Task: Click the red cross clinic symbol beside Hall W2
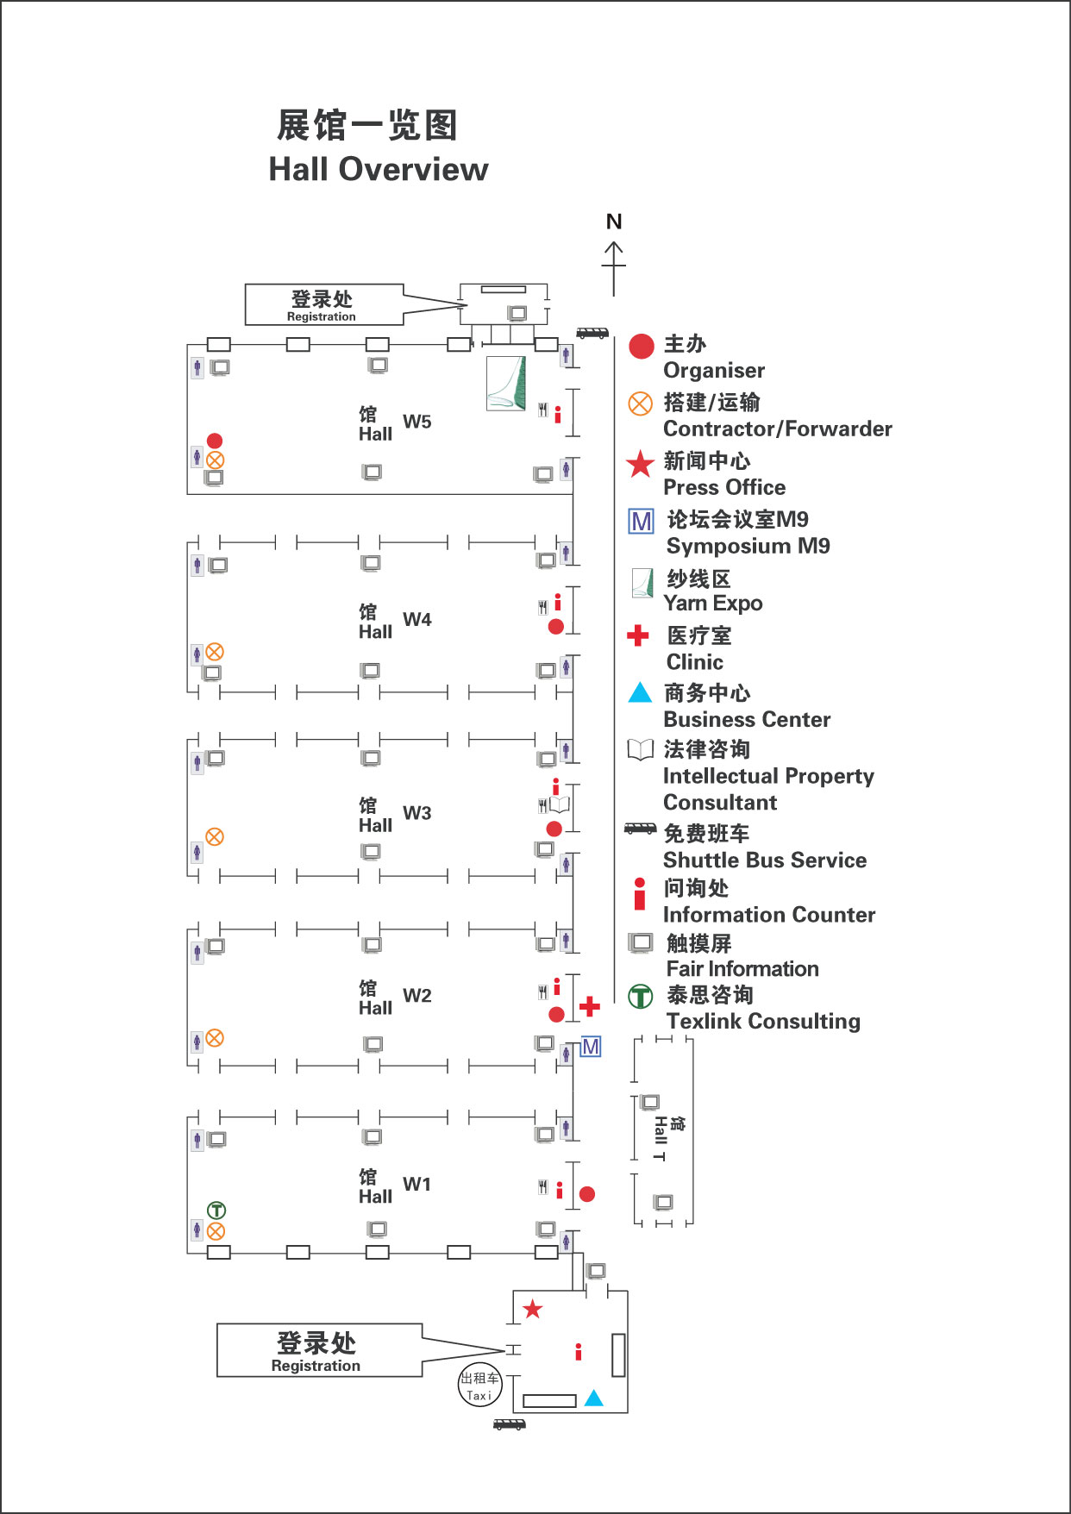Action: point(590,1006)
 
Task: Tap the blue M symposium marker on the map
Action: point(591,1047)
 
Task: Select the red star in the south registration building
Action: point(533,1309)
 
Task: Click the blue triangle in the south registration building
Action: point(594,1398)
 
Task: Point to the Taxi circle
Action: point(479,1386)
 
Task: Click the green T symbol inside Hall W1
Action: point(216,1211)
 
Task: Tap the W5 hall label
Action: point(416,422)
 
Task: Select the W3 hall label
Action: point(416,814)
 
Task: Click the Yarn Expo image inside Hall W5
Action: point(506,383)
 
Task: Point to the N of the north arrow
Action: point(614,222)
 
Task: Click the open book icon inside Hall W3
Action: point(560,804)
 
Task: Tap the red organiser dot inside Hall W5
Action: point(215,441)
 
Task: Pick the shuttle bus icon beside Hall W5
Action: point(592,333)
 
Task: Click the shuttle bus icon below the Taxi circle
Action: point(509,1424)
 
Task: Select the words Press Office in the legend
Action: point(724,488)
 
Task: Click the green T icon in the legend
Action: point(640,997)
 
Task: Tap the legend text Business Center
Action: point(747,720)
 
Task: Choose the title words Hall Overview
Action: point(379,170)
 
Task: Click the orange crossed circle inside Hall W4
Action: point(215,652)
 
